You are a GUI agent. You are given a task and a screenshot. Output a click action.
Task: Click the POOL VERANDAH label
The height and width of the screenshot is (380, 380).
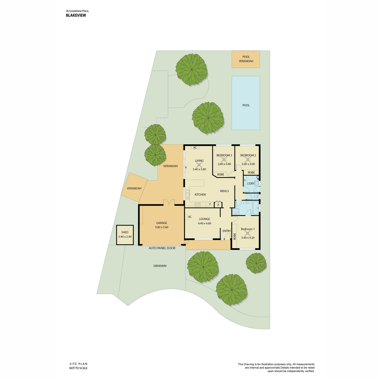point(246,59)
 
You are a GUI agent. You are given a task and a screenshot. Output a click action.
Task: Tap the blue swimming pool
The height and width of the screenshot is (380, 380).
point(245,103)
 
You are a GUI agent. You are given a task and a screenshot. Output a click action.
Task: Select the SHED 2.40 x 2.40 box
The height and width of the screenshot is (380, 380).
point(125,235)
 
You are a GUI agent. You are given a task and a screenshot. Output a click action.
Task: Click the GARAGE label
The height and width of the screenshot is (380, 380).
point(161,223)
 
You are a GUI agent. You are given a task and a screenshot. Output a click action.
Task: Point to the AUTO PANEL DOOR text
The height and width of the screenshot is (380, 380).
point(162,248)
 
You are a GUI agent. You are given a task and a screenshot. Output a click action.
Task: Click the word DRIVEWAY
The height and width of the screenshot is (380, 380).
point(160,266)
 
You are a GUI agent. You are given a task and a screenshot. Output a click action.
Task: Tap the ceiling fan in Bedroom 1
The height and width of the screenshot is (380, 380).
point(248,234)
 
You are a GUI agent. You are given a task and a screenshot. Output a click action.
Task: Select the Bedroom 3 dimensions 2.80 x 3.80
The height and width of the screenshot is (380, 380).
point(224,164)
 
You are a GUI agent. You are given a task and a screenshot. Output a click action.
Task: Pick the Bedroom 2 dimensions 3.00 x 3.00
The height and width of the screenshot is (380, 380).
point(248,164)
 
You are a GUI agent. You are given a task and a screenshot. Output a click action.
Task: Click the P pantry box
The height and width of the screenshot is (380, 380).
point(218,204)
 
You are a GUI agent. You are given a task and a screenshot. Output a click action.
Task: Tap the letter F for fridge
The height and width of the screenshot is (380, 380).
point(210,204)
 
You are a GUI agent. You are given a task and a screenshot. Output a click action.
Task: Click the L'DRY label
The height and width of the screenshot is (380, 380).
point(250,184)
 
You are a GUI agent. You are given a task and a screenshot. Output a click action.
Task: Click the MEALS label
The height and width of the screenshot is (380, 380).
point(225,191)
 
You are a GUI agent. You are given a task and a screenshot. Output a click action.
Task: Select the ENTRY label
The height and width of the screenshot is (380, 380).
point(227,231)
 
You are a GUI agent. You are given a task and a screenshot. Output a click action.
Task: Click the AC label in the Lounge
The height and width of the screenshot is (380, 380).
point(190,217)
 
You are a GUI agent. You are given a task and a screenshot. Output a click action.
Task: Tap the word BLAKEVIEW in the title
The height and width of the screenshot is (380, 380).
point(76,16)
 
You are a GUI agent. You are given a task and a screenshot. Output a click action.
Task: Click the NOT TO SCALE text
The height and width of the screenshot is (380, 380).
point(78,368)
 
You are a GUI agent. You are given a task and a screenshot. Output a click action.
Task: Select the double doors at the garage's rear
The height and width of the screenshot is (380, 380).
point(169,202)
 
